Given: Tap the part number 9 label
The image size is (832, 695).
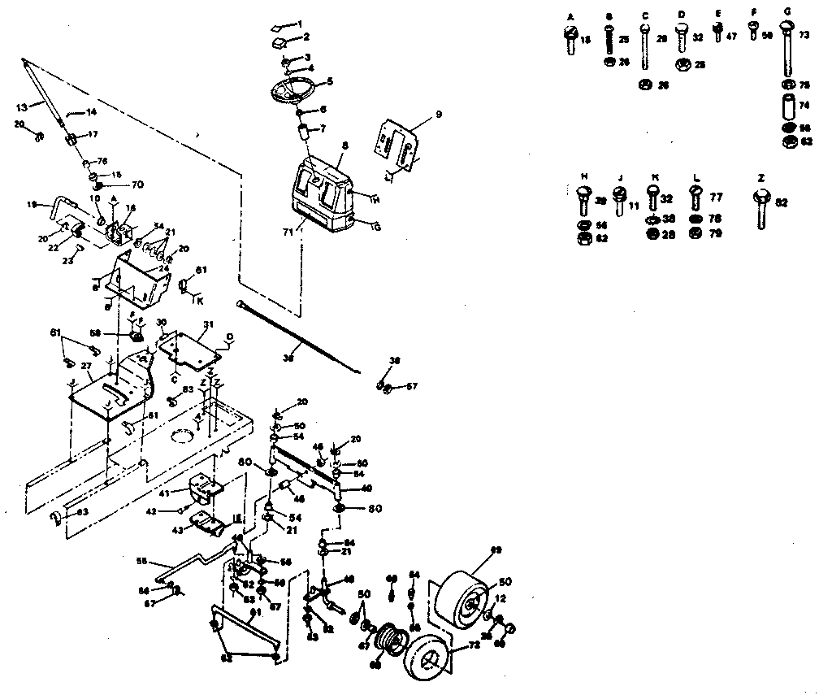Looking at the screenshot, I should tap(439, 115).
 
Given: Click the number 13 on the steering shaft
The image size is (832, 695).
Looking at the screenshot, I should tap(21, 106).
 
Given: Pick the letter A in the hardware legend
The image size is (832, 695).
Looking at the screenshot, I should tap(570, 15).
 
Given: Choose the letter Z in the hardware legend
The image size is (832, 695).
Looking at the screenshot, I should tap(760, 176).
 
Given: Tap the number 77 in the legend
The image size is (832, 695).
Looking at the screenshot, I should tap(717, 197).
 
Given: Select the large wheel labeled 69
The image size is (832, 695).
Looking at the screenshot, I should tap(464, 592).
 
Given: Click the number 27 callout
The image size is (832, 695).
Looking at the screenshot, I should tap(85, 367).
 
